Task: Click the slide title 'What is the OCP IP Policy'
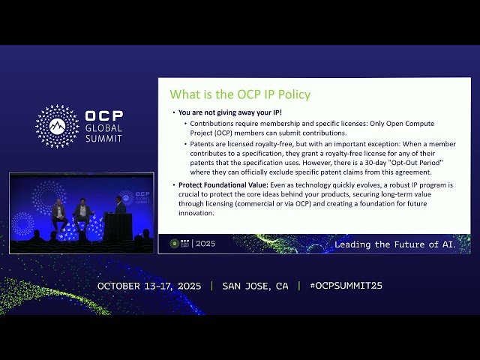240,94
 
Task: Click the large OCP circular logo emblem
57,126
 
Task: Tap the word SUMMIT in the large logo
103,140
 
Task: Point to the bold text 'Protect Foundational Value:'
212,184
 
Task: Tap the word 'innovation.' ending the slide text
196,213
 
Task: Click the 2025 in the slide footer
205,244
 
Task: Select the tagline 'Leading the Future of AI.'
395,244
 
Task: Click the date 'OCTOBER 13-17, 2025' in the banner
150,286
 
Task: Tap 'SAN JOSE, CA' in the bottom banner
255,286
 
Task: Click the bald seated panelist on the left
58,214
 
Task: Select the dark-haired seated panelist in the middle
82,212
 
